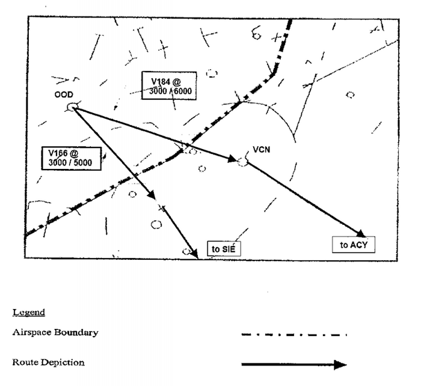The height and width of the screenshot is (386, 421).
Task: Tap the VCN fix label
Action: (x=260, y=150)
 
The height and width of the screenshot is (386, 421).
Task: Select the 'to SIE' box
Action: (x=224, y=248)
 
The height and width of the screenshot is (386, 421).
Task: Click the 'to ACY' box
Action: (x=354, y=244)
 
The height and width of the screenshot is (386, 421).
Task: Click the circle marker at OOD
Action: (x=72, y=107)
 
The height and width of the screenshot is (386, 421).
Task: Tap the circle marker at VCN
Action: (x=242, y=161)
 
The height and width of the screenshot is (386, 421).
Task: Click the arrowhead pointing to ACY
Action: (x=360, y=233)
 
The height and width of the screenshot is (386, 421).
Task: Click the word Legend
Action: (x=28, y=313)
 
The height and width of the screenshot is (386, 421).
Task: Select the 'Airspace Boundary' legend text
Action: (x=55, y=332)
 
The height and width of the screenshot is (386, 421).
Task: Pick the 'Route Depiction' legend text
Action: (x=49, y=363)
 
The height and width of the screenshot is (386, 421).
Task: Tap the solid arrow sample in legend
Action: (x=294, y=364)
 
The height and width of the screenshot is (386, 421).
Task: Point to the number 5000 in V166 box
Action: (x=83, y=162)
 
